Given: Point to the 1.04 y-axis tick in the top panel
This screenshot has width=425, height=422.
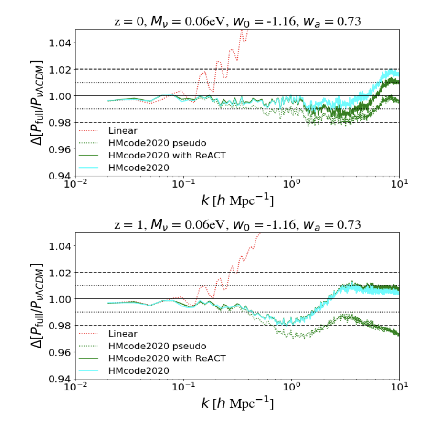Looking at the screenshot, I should (x=61, y=42).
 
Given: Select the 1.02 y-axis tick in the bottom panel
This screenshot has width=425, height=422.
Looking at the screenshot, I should (x=61, y=273).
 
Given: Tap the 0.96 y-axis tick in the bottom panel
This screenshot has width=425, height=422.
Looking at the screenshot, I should (x=61, y=353).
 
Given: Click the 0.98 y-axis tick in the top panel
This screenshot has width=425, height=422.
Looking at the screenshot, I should (x=61, y=123).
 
